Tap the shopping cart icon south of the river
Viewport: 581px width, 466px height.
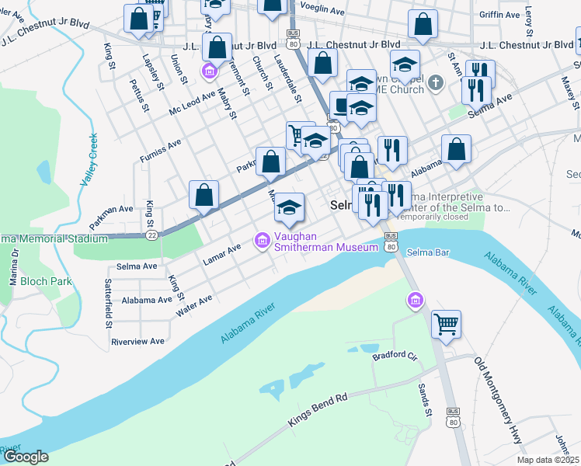[446, 324]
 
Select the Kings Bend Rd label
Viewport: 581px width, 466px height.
[317, 409]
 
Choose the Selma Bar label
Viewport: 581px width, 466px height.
[428, 252]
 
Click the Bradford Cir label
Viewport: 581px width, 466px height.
[395, 356]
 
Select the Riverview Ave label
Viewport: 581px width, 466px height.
[137, 341]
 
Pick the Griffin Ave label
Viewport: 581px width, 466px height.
[500, 15]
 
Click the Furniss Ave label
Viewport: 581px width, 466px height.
[160, 151]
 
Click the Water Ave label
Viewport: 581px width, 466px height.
[194, 305]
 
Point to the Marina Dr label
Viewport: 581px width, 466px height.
[13, 268]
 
